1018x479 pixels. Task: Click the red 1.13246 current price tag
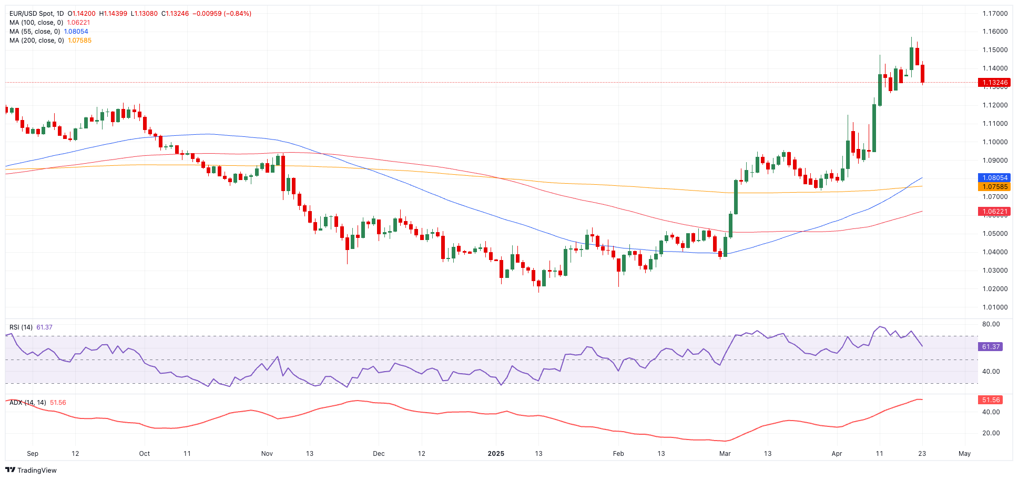click(x=993, y=83)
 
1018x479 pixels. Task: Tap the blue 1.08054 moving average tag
click(x=993, y=178)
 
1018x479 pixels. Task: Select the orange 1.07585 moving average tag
click(x=993, y=187)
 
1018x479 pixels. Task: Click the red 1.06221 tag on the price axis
click(x=993, y=212)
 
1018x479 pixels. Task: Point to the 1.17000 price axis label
click(x=995, y=14)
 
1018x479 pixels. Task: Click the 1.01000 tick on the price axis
click(x=995, y=307)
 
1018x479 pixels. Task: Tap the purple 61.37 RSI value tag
click(x=991, y=347)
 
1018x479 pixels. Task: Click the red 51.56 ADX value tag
click(x=991, y=400)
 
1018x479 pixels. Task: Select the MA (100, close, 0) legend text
click(x=36, y=23)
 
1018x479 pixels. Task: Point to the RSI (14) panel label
click(x=21, y=327)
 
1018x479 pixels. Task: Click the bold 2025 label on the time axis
click(x=496, y=454)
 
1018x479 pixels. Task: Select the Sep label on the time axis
click(x=33, y=454)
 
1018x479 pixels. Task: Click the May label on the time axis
click(x=964, y=454)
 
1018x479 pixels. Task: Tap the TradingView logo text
click(x=37, y=471)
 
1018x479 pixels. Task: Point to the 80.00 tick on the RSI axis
click(x=991, y=324)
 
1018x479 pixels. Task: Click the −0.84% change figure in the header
click(x=238, y=14)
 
